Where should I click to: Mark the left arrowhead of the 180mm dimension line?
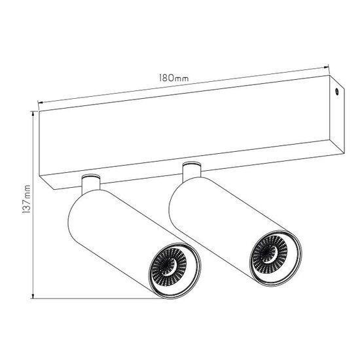click(x=41, y=101)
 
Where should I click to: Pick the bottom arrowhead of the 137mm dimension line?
click(x=32, y=297)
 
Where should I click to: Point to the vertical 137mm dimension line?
click(x=32, y=249)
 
